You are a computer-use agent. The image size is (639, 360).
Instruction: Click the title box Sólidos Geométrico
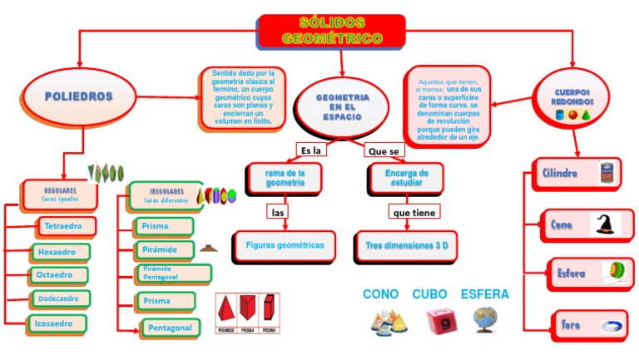[x=332, y=31]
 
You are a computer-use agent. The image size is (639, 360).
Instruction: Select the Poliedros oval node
[x=79, y=96]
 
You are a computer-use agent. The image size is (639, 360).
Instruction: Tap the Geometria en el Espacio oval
[x=342, y=107]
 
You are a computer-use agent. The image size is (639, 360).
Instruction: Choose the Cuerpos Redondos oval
[x=572, y=99]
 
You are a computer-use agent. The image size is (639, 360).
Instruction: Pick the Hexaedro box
[x=60, y=251]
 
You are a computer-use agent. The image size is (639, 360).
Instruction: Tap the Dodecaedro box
[x=61, y=298]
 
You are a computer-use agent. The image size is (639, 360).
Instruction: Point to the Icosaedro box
[x=59, y=323]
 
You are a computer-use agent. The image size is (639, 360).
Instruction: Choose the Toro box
[x=571, y=324]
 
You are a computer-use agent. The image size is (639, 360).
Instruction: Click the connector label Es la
[x=311, y=150]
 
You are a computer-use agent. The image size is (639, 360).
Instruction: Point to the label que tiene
[x=414, y=213]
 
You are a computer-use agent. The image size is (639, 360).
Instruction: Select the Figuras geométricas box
[x=285, y=245]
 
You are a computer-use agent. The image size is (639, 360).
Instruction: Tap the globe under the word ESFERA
[x=485, y=318]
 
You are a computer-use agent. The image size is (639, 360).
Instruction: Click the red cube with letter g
[x=438, y=320]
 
